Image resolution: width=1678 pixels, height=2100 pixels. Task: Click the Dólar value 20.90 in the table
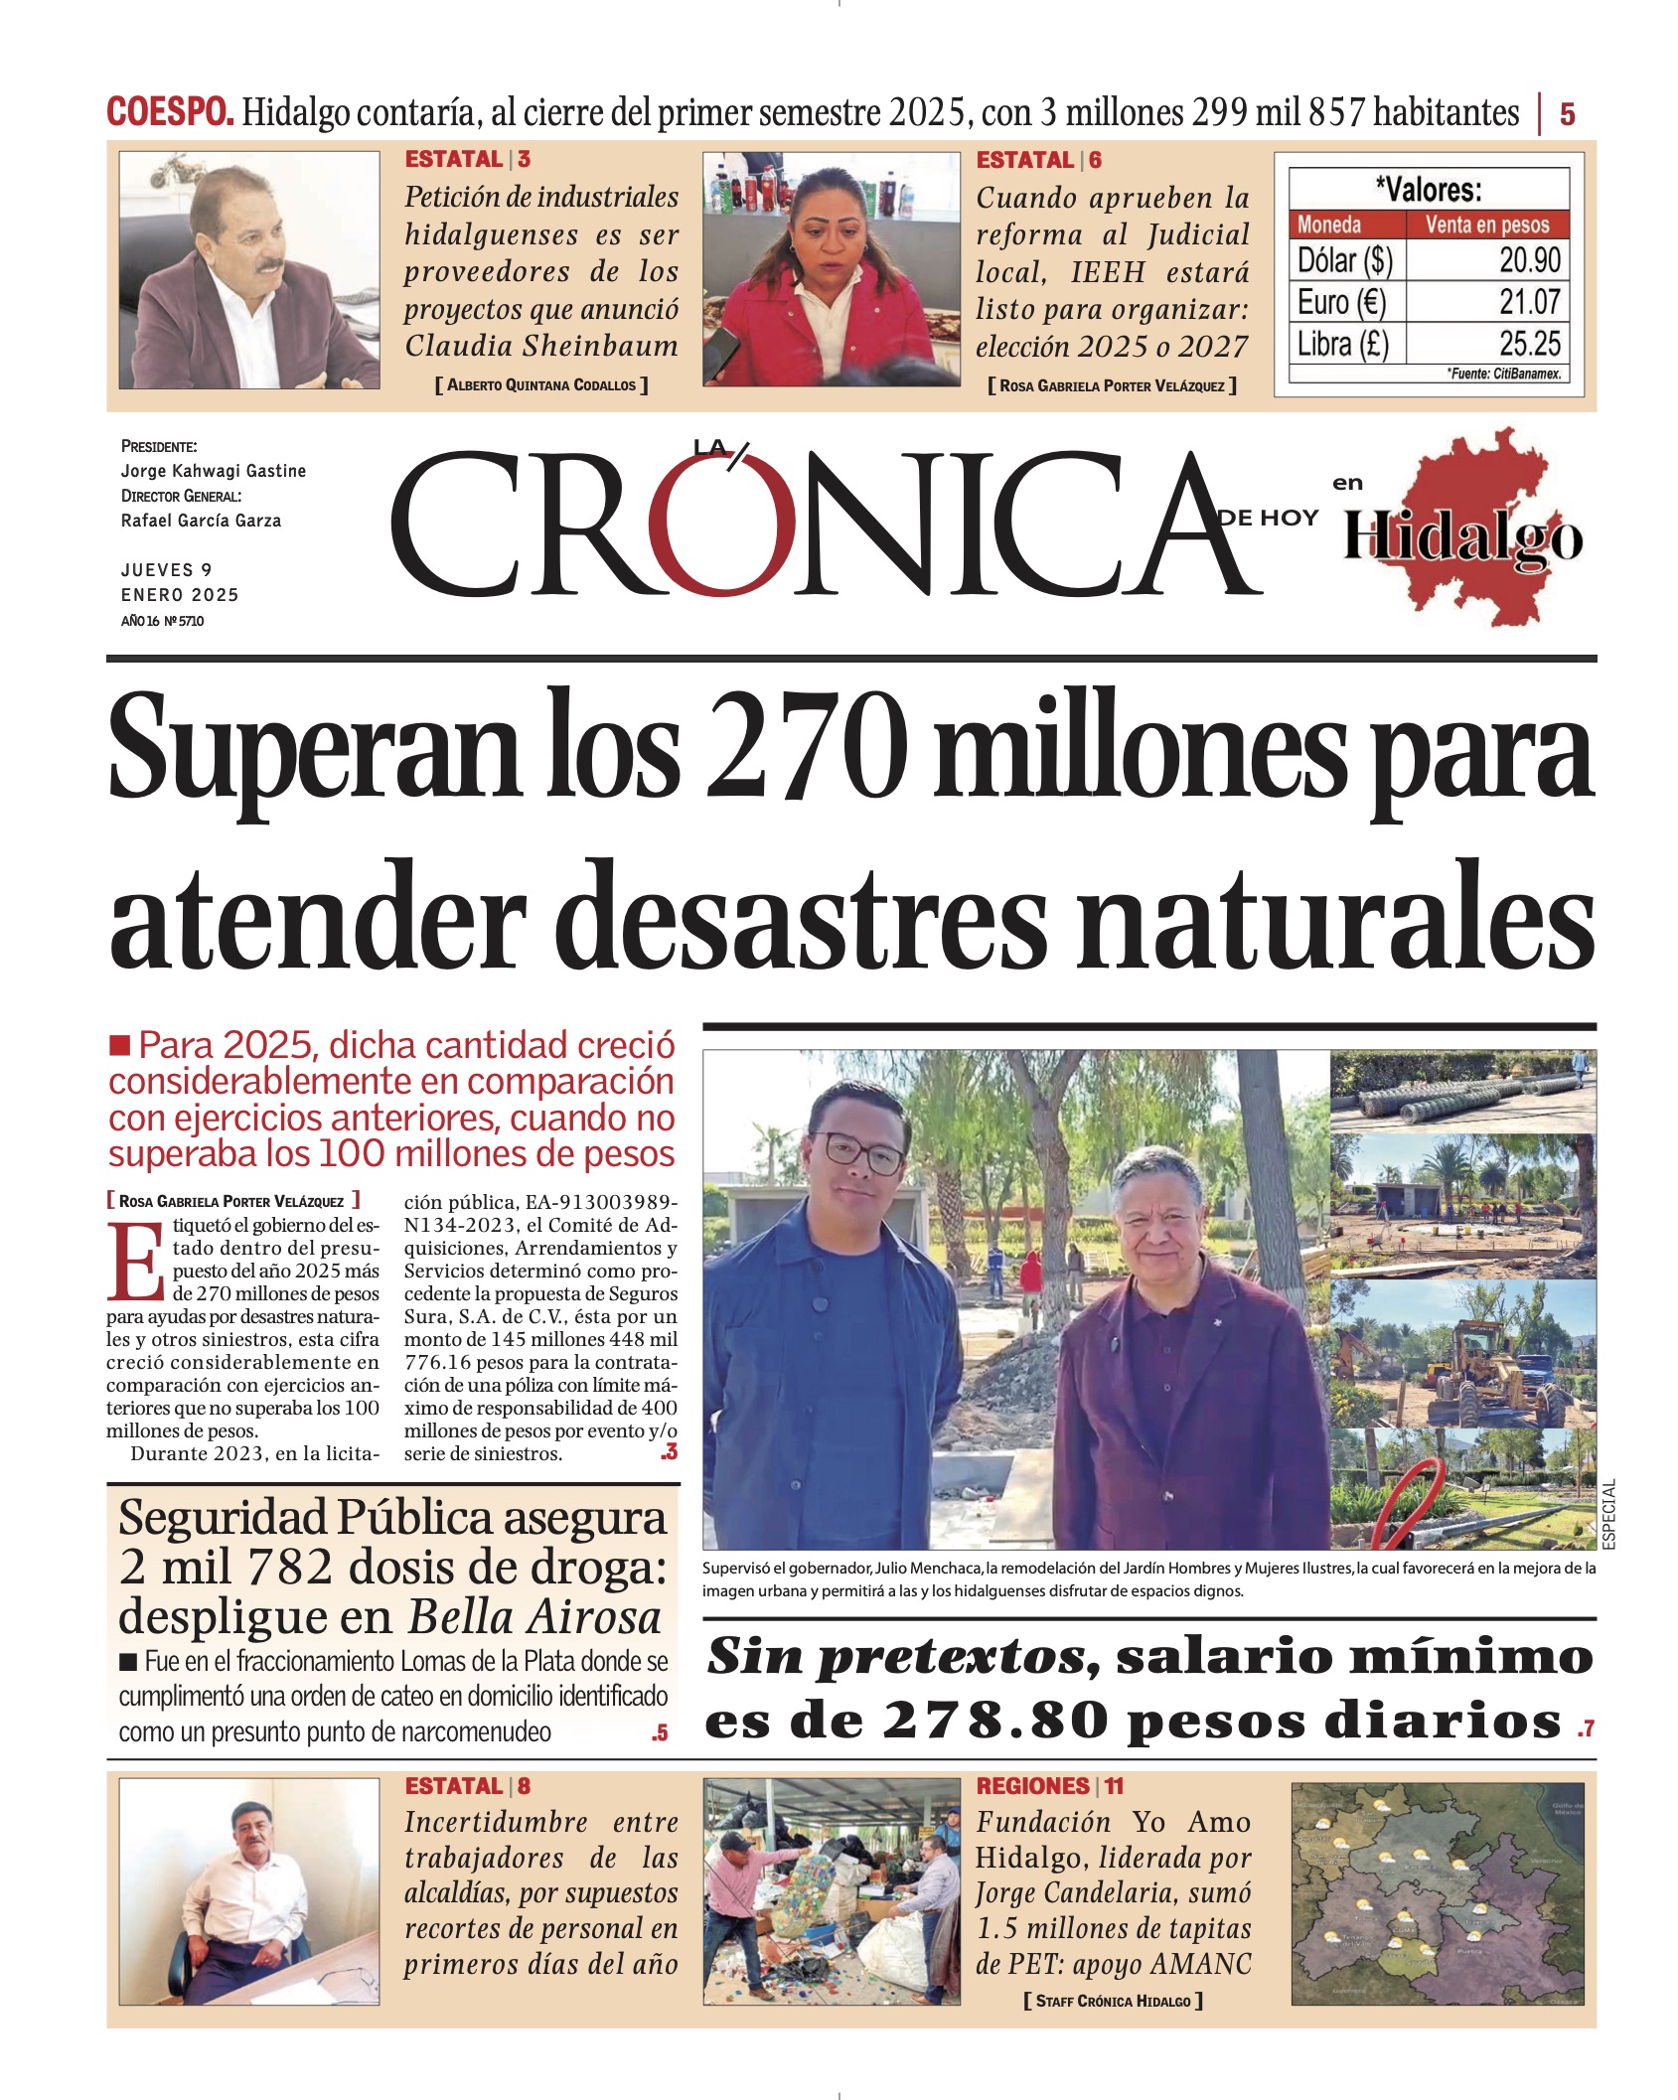1529,260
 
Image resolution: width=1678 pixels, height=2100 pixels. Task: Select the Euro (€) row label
1340,302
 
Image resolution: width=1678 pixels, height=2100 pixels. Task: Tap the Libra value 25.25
1529,344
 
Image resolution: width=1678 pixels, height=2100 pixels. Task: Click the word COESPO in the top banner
170,112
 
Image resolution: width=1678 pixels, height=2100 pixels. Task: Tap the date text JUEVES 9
166,570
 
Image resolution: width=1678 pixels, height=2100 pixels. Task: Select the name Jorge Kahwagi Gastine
214,471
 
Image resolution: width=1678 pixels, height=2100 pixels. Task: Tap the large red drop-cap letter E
136,1263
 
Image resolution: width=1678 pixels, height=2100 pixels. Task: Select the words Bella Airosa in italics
534,1617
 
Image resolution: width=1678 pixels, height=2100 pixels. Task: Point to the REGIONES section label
1032,1786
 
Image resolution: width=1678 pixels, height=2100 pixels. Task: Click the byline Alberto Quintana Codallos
540,385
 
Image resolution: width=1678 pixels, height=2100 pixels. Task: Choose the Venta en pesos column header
1486,225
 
